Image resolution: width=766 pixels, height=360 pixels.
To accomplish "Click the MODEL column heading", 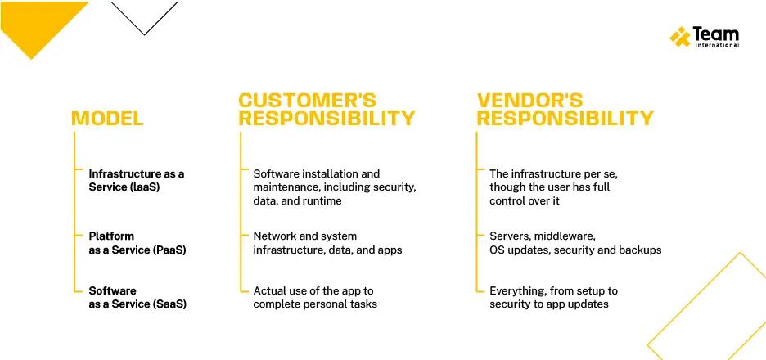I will (x=107, y=119).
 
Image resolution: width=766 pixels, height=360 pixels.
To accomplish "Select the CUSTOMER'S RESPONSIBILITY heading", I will (x=327, y=110).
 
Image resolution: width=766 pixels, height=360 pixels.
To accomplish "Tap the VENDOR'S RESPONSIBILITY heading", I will (x=565, y=110).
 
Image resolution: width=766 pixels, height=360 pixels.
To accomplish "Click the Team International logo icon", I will (x=680, y=36).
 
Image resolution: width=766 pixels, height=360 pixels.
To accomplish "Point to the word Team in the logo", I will (x=715, y=34).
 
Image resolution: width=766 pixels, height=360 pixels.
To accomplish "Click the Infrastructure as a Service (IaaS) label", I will (x=137, y=180).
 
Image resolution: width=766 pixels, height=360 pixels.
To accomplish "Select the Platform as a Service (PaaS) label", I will (x=137, y=243).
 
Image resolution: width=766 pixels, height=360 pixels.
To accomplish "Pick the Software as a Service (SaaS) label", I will (x=137, y=297).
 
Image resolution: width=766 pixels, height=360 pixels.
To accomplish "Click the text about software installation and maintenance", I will (x=335, y=187).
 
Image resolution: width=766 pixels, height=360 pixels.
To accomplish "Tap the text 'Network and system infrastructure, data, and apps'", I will (x=327, y=243).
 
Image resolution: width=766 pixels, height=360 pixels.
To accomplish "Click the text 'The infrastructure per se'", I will (x=554, y=173).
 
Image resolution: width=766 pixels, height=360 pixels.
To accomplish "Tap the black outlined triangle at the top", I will (x=145, y=16).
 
